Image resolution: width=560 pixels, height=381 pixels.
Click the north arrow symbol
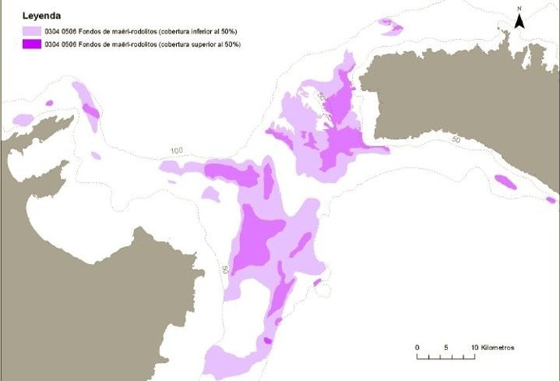tap(520, 22)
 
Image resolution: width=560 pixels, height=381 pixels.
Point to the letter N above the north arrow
tap(520, 8)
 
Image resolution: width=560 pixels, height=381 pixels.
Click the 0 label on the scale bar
tap(416, 348)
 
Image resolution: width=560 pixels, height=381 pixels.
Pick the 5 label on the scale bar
tap(446, 348)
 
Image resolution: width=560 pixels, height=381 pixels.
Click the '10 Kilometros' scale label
tap(492, 348)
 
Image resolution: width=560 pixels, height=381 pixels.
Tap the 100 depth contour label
tap(178, 151)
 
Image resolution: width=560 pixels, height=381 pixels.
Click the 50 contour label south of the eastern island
tap(456, 141)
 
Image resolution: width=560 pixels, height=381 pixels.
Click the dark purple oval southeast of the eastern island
tap(506, 182)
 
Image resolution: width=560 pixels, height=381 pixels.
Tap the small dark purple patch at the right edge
tap(550, 199)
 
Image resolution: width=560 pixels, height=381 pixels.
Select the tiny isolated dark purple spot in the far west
tap(50, 103)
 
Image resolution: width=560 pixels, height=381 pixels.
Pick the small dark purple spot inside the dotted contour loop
tap(317, 283)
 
